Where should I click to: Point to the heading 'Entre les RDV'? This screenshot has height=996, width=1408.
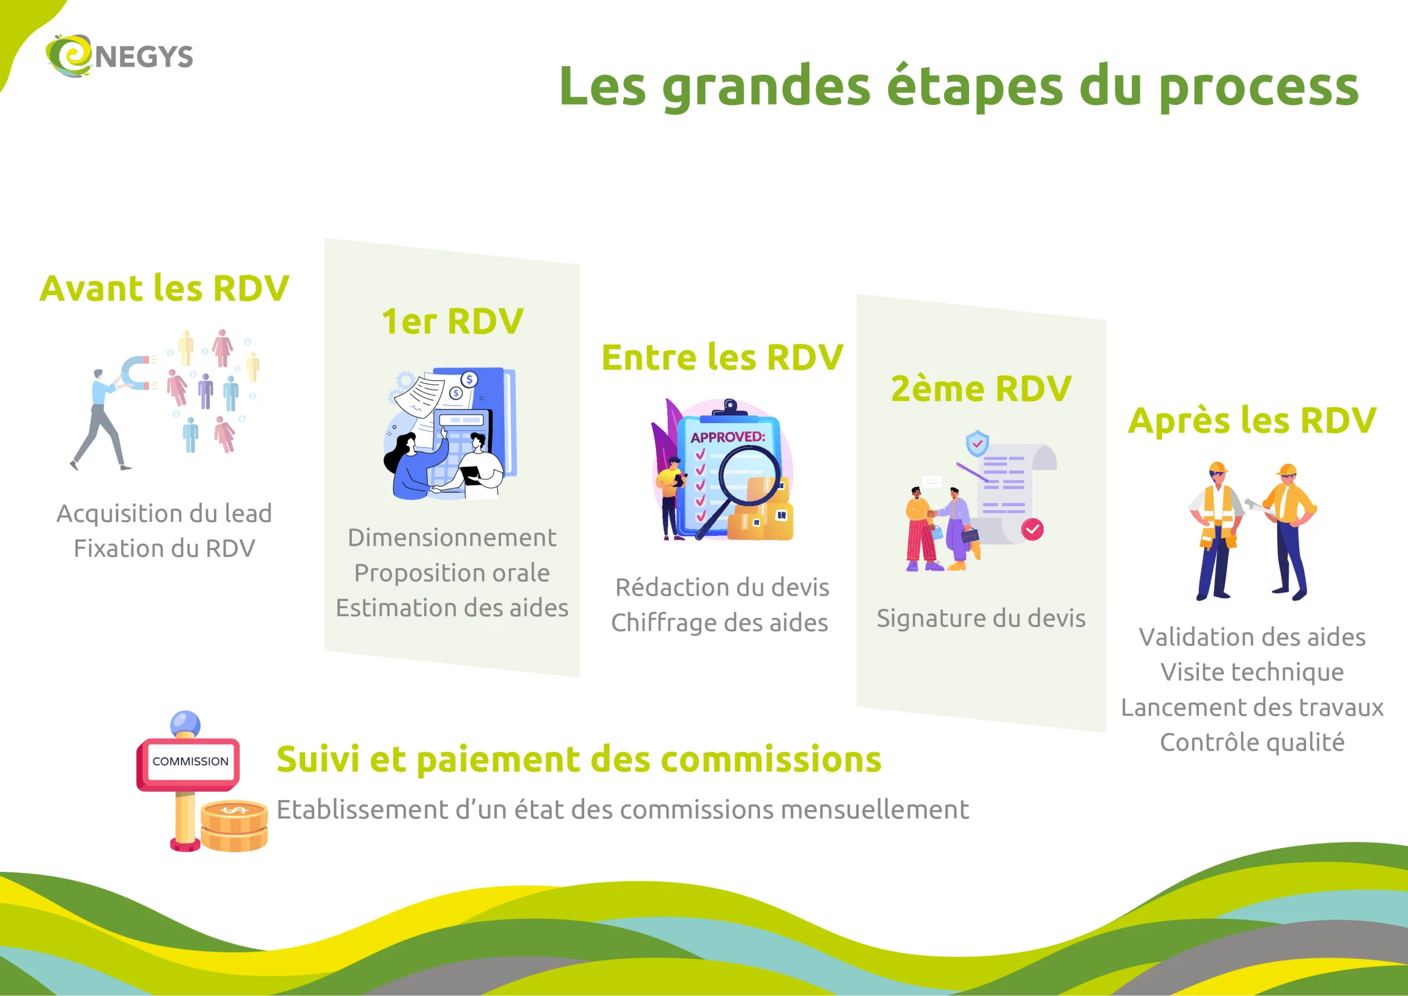[722, 357]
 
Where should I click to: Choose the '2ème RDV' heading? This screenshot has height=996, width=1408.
[981, 388]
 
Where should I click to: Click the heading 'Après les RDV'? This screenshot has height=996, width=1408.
[1252, 420]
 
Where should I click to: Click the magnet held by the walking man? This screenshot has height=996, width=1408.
[136, 373]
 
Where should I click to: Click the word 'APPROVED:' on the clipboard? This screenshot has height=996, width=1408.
[728, 437]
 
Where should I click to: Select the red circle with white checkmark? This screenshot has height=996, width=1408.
[1032, 529]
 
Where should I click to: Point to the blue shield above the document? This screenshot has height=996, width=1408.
[977, 442]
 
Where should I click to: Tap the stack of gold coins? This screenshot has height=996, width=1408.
[234, 826]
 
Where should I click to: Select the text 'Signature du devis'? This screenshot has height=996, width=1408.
[981, 618]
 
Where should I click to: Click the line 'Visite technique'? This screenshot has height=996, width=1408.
[1252, 672]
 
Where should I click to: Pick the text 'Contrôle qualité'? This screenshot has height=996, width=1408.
[1252, 742]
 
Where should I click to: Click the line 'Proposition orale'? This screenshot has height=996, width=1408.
[452, 572]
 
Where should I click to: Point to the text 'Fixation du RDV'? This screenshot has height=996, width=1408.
[164, 548]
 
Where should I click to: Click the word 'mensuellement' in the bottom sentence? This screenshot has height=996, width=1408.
[875, 809]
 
